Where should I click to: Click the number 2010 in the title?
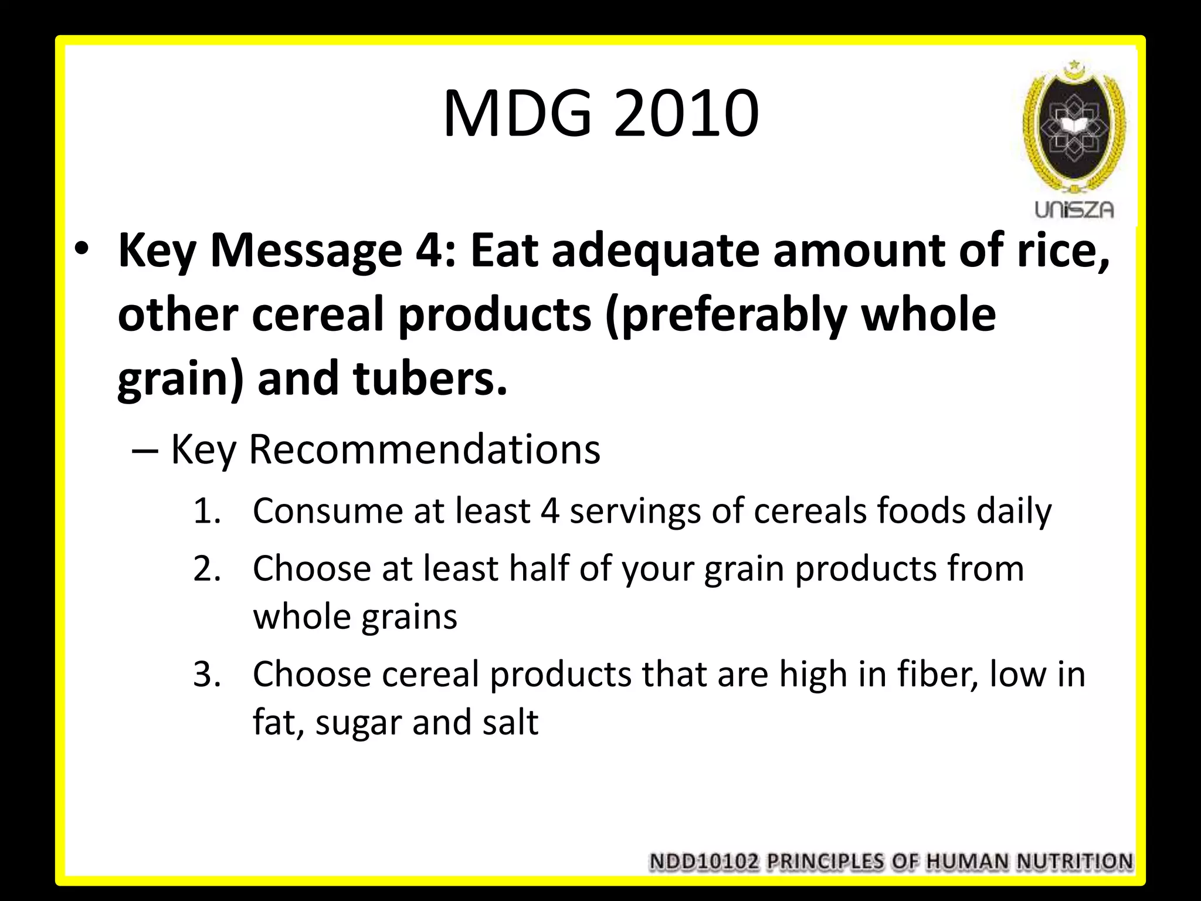click(686, 114)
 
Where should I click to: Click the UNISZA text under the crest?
click(1074, 210)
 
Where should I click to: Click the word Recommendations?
click(425, 450)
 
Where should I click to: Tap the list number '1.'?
click(207, 512)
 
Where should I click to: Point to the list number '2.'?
click(207, 569)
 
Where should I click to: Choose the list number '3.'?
click(207, 675)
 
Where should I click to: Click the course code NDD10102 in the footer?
click(704, 862)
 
